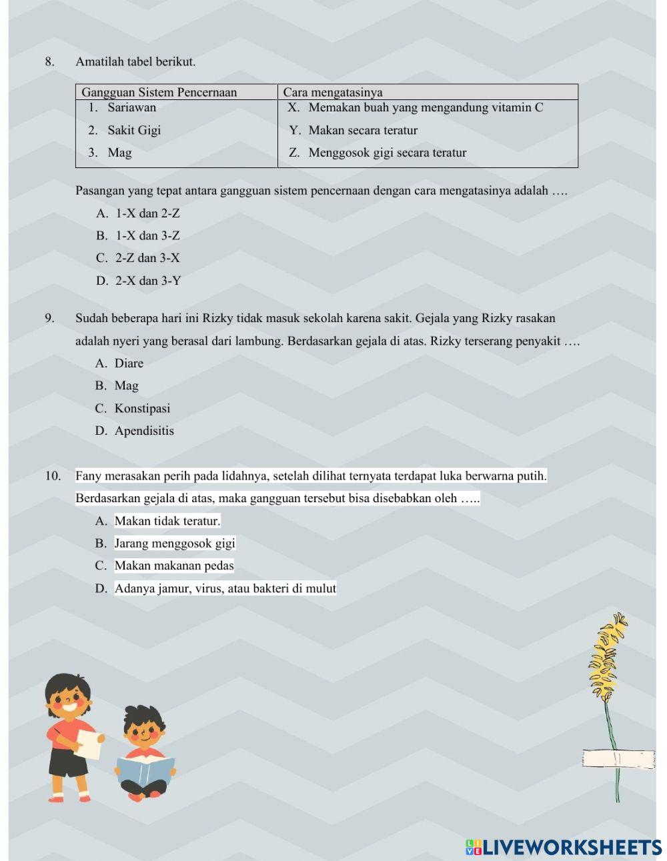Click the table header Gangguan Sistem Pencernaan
(159, 92)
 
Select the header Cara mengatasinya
(333, 92)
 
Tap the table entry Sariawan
(131, 107)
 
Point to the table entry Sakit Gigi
(134, 130)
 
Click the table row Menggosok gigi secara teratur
(387, 153)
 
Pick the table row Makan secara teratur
(363, 130)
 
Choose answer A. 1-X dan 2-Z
(138, 213)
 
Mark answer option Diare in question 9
(128, 363)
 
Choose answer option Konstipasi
(141, 408)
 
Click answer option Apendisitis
(143, 431)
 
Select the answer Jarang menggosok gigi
(174, 544)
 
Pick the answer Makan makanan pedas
(173, 566)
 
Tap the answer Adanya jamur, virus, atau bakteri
(225, 588)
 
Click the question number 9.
(49, 318)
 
